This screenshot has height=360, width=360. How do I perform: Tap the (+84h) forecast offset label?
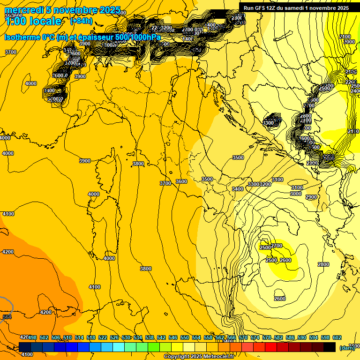81,21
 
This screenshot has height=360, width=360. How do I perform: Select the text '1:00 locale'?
33,21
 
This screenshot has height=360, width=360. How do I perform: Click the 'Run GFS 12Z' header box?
296,7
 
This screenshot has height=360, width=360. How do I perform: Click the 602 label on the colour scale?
337,337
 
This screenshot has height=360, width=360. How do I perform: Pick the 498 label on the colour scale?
32,337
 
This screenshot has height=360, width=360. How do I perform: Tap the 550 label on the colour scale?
185,337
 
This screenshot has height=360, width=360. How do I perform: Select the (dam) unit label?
347,348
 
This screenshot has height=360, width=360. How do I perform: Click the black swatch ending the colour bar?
330,347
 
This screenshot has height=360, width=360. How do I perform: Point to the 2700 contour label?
277,246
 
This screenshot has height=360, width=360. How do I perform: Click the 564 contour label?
7,317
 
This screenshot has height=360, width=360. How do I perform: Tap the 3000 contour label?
295,194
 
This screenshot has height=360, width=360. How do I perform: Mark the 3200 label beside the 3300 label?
265,184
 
